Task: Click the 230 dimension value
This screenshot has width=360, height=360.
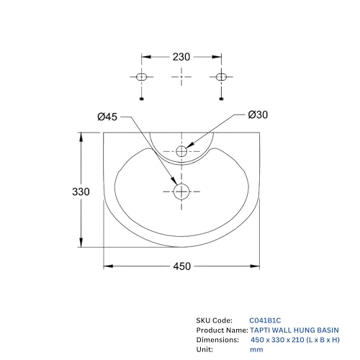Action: [181, 57]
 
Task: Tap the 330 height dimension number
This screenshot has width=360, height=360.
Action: [81, 192]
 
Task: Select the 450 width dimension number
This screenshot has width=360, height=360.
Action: [182, 266]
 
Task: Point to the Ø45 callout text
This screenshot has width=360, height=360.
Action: [107, 117]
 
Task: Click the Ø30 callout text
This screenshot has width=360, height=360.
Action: [258, 114]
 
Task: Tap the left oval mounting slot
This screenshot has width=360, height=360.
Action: [141, 77]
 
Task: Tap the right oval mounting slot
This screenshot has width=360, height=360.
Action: [221, 77]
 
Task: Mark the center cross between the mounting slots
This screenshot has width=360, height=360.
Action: [181, 77]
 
